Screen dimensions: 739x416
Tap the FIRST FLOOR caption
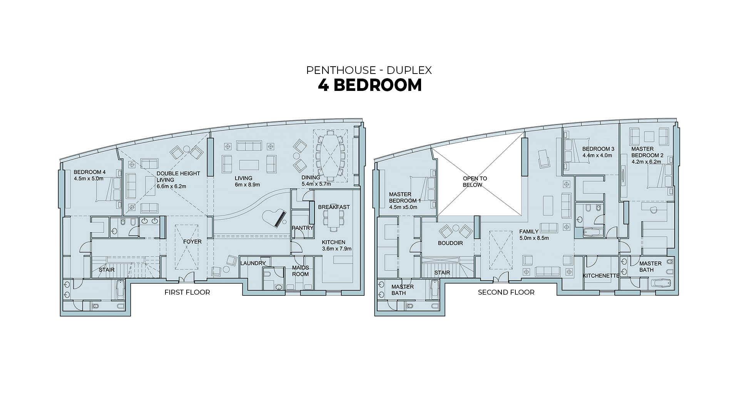point(187,292)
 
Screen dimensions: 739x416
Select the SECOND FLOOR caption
point(506,292)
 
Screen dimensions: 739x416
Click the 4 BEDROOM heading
point(370,85)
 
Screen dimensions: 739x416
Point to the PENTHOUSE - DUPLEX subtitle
point(369,70)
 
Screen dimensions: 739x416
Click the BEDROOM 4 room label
point(90,172)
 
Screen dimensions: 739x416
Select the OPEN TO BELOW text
point(475,181)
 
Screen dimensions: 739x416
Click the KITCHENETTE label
point(601,276)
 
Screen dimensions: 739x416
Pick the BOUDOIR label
point(450,243)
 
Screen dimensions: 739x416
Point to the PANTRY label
point(303,228)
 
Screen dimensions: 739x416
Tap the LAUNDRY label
point(253,263)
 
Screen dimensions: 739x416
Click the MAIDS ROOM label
point(300,271)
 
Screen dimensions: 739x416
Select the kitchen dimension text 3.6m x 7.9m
point(337,248)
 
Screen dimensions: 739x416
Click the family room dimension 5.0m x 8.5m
point(534,238)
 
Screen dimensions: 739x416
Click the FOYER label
point(192,242)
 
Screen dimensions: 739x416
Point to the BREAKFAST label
point(334,207)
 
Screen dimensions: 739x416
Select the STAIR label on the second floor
point(442,273)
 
